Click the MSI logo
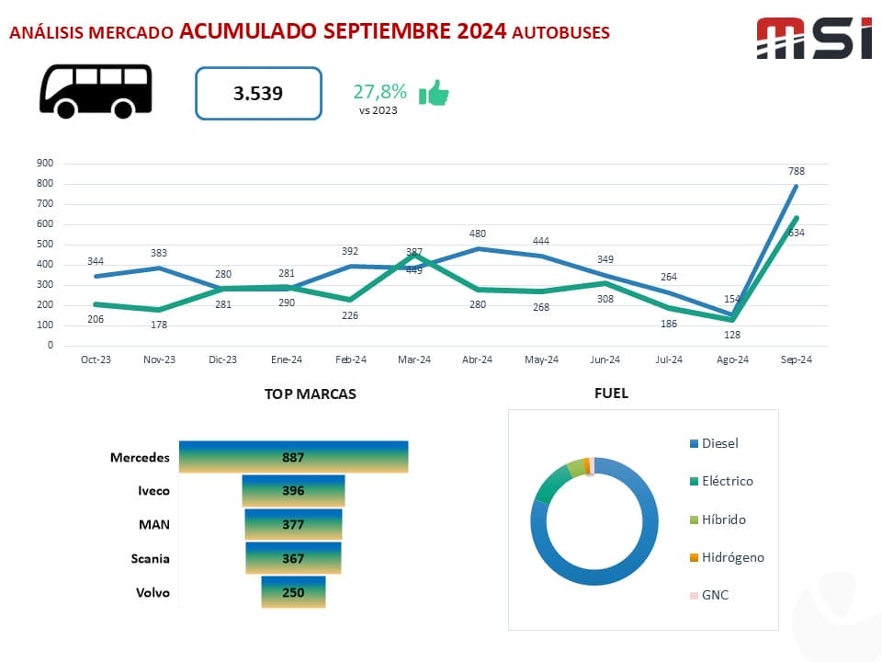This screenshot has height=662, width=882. (813, 39)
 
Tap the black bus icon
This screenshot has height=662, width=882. (96, 91)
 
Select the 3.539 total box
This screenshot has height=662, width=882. (258, 93)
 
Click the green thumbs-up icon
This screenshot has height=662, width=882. (434, 93)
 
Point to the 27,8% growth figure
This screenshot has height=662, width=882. (379, 92)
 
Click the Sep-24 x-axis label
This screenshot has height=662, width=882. (796, 360)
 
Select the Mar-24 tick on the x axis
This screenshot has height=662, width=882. (413, 360)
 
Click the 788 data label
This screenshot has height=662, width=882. (796, 171)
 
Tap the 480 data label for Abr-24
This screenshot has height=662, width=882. (477, 234)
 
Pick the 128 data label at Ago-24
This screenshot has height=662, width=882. (731, 336)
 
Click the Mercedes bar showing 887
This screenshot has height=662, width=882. (293, 457)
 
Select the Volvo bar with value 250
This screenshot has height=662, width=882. (293, 592)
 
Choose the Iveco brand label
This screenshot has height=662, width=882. (153, 491)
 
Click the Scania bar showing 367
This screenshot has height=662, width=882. (293, 558)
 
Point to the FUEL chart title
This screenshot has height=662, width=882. (611, 394)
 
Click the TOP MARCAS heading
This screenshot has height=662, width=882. (310, 394)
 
